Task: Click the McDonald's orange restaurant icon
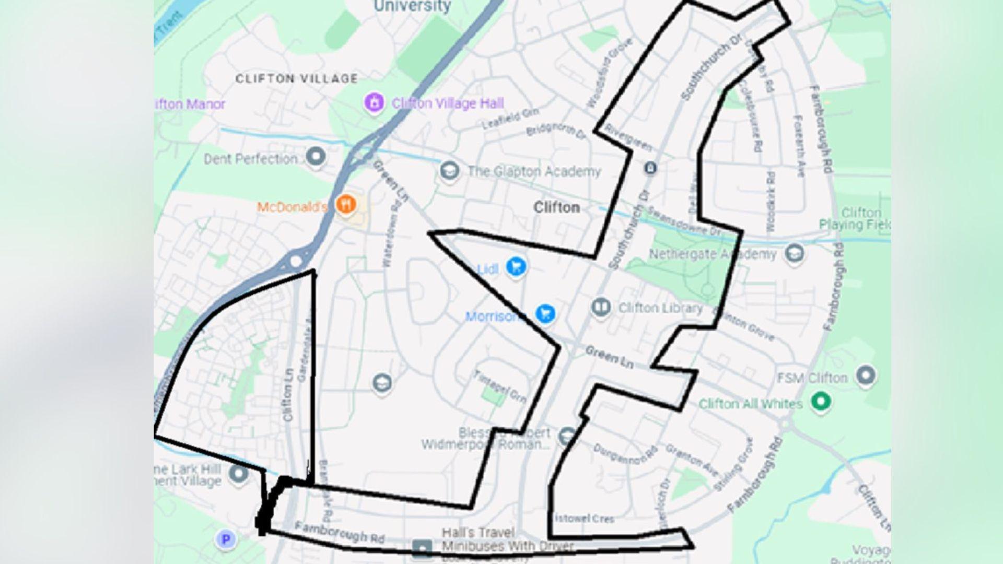point(345,204)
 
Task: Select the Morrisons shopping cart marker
point(545,314)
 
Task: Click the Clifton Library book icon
point(601,307)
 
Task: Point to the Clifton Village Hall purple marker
point(374,102)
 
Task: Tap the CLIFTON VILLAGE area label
point(297,79)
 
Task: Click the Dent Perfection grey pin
point(315,156)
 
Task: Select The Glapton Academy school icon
point(449,170)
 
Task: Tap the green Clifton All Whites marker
point(821,402)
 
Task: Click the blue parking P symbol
point(226,539)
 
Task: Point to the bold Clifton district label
point(556,207)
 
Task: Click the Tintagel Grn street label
point(499,386)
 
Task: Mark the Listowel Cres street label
point(584,519)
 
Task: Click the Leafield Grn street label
point(509,119)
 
